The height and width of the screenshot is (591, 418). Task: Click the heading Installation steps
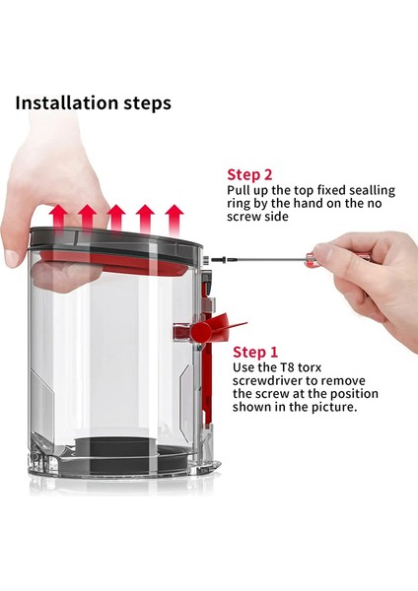pos(94,102)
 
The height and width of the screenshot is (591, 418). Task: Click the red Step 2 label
pos(249,175)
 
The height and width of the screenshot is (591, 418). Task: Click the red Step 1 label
pos(255,352)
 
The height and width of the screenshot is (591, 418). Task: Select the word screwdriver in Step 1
pos(270,380)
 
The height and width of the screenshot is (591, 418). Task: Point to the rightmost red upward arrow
pos(174,221)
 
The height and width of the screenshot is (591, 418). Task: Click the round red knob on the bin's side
pos(201,332)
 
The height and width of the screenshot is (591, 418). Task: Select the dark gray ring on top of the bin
pos(114,241)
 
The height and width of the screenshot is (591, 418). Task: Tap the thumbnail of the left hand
pos(12,258)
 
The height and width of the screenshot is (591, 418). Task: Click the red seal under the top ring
pos(113,261)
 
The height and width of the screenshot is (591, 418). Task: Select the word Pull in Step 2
pos(238,190)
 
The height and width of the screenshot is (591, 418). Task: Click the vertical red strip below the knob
pos(206,384)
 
